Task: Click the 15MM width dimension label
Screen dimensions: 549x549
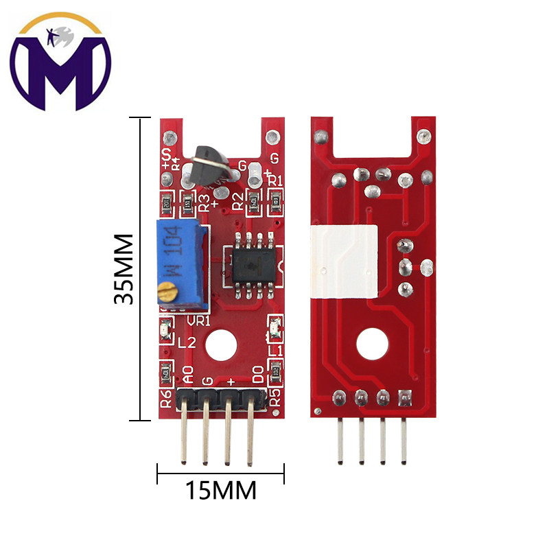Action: (x=220, y=491)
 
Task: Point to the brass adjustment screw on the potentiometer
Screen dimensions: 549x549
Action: (x=165, y=293)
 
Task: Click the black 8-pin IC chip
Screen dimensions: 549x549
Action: (x=251, y=264)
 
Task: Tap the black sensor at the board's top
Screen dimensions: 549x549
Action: (x=209, y=167)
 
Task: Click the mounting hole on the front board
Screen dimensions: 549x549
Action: (x=221, y=344)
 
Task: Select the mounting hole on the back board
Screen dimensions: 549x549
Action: (x=372, y=344)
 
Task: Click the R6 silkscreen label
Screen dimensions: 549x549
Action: (x=165, y=399)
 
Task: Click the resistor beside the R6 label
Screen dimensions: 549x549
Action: (x=165, y=375)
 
